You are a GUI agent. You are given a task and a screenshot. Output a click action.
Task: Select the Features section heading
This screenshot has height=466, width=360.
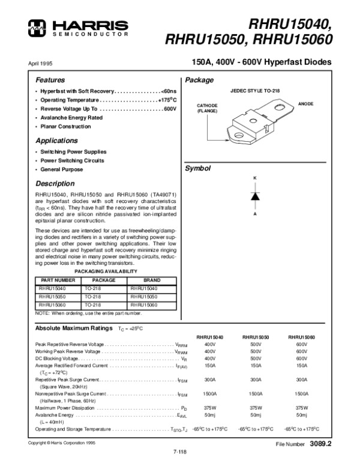[x=50, y=80]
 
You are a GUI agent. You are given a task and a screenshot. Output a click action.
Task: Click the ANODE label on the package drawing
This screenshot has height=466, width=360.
[x=307, y=104]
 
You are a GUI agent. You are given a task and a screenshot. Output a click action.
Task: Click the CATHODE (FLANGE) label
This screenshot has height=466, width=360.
[x=207, y=108]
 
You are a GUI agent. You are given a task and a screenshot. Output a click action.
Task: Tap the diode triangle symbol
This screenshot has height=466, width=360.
[x=254, y=196]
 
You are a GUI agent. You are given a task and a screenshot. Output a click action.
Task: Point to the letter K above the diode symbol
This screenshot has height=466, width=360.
[x=254, y=180]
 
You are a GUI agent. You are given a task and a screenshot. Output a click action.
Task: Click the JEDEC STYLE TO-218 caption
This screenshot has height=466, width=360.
[x=254, y=89]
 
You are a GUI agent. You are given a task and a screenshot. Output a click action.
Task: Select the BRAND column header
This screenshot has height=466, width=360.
[x=153, y=280]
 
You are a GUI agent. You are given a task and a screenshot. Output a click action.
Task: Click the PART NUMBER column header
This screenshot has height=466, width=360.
[x=57, y=280]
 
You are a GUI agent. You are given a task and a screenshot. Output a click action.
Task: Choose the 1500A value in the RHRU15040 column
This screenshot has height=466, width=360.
[x=210, y=394]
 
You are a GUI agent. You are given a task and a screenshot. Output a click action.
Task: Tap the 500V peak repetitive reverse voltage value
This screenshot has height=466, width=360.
[x=256, y=344]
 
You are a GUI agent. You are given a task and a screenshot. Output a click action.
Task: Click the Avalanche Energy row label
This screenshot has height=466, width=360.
[x=55, y=414]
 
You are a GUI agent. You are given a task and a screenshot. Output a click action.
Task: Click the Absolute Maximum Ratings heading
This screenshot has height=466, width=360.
[x=74, y=328]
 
